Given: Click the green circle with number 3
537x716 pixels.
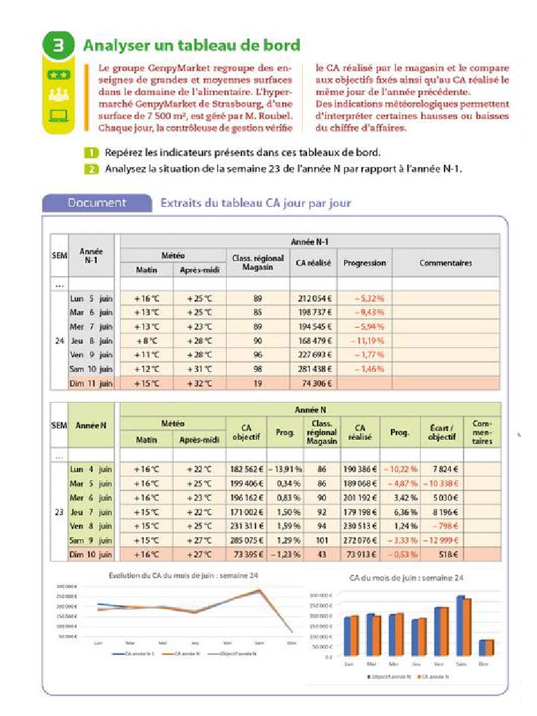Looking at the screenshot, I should click(x=59, y=46).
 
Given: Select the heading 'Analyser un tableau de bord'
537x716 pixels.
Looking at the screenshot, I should click(x=192, y=45).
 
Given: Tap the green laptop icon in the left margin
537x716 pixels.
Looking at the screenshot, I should click(x=59, y=115).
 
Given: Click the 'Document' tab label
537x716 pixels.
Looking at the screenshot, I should click(x=96, y=203).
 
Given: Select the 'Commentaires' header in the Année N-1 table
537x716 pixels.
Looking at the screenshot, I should click(x=445, y=263).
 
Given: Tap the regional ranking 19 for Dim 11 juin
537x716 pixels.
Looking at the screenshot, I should click(x=258, y=383).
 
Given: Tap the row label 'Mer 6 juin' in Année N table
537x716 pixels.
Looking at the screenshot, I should click(x=91, y=497).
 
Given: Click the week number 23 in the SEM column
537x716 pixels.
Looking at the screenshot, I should click(x=59, y=512).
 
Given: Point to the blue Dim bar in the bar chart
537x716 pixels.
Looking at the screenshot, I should click(x=482, y=647).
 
